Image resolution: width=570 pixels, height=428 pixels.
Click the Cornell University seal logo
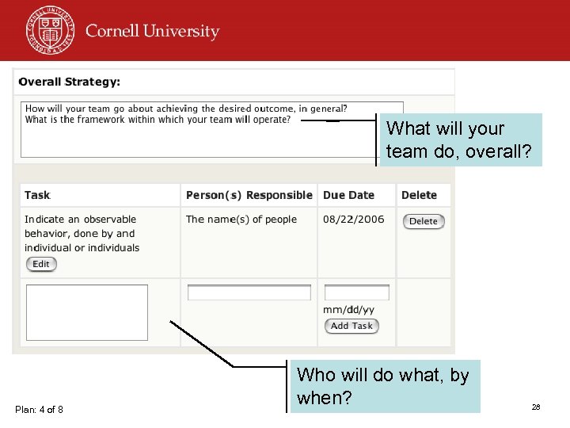[x=49, y=29]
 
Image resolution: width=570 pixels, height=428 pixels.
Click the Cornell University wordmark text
[x=152, y=32]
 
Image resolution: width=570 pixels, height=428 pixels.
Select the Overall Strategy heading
[x=70, y=82]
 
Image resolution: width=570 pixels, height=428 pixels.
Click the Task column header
[x=37, y=195]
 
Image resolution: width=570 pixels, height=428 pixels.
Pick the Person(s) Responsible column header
[x=249, y=195]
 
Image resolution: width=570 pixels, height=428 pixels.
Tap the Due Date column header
[x=348, y=195]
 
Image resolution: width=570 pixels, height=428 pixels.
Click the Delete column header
[x=419, y=195]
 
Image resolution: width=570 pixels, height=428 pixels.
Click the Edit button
[x=41, y=264]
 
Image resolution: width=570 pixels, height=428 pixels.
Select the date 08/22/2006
[x=352, y=220]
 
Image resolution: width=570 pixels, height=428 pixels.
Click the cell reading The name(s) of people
[x=241, y=220]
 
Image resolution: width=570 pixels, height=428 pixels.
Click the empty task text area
[x=87, y=312]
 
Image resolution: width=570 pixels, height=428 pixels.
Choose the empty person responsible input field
[x=249, y=292]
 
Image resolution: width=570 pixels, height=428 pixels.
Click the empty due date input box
[x=357, y=292]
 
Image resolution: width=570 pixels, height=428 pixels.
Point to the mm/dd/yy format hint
[x=348, y=309]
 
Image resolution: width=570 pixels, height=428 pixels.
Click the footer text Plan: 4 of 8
[x=39, y=409]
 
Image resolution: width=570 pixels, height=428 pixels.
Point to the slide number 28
[x=536, y=407]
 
